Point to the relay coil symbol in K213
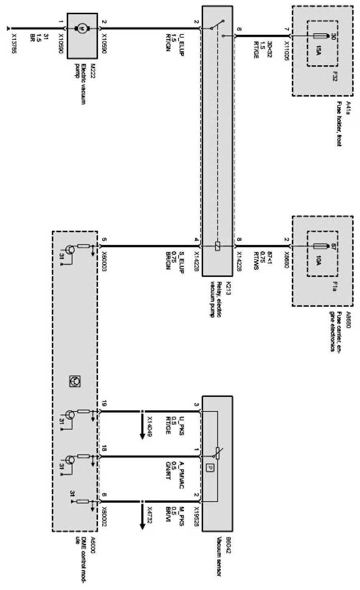218,246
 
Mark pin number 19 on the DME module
104,404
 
